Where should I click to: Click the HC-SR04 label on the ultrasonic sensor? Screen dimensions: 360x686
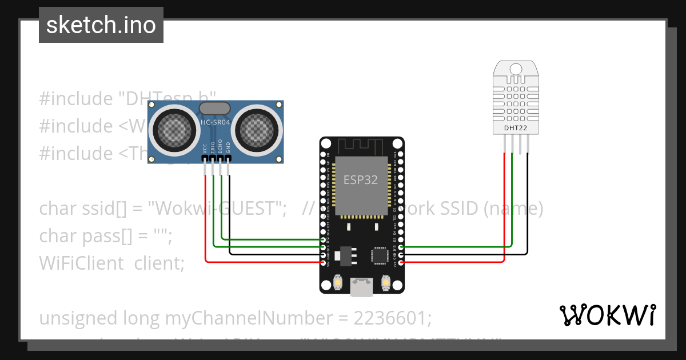tap(215, 122)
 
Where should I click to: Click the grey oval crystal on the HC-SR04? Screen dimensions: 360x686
tap(214, 108)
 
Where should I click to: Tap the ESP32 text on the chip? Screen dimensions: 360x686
tap(361, 179)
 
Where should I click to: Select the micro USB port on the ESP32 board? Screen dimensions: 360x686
tap(362, 287)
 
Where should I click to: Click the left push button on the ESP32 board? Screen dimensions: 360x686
tap(338, 282)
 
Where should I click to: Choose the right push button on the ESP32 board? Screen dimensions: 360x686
tap(386, 282)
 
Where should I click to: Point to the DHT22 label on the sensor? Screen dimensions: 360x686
tap(516, 127)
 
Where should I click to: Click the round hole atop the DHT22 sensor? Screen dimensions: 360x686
tap(516, 69)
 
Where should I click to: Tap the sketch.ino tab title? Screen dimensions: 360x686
tap(101, 25)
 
